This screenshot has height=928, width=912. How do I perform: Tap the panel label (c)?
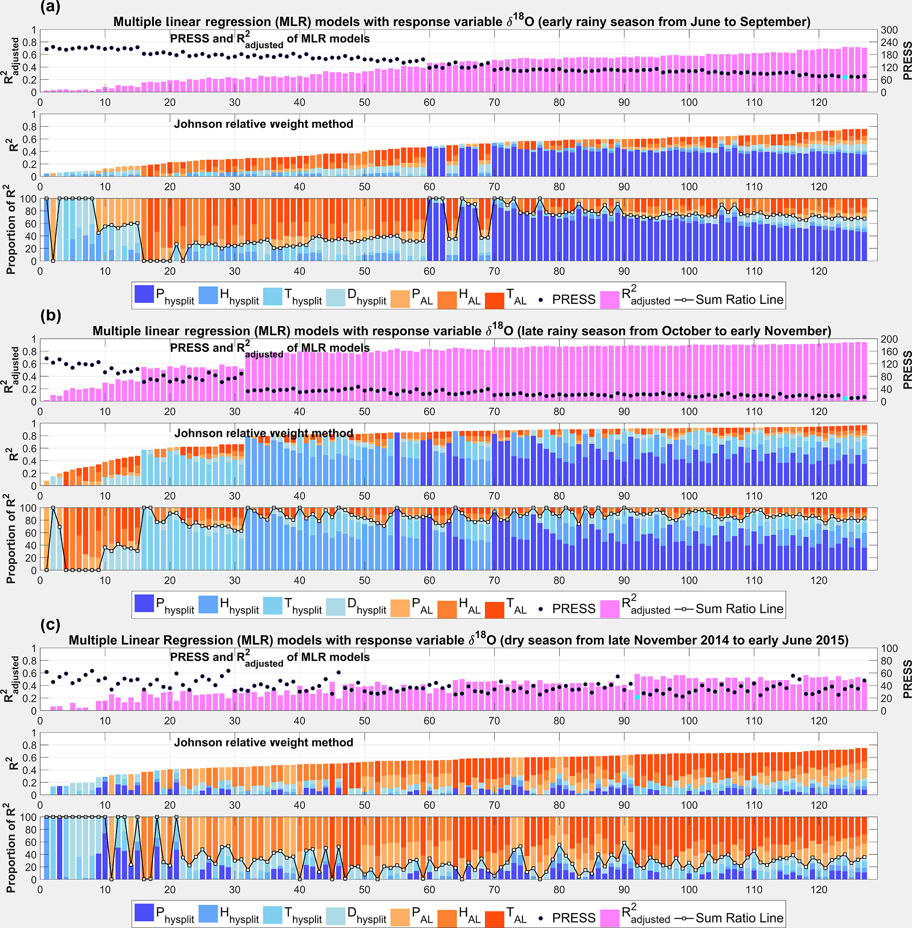(50, 625)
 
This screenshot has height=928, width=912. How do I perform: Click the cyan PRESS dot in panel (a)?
(845, 77)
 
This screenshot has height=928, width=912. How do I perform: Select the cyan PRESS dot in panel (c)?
(637, 697)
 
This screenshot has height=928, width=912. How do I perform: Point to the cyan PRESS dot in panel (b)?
(845, 398)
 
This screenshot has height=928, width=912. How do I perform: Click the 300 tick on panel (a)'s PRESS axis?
(889, 30)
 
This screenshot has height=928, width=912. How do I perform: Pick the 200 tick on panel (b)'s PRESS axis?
(889, 340)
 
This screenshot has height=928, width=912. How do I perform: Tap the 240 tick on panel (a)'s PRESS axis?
(889, 43)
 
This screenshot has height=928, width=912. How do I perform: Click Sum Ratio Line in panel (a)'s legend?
(739, 300)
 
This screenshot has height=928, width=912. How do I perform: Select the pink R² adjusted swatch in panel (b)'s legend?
(610, 609)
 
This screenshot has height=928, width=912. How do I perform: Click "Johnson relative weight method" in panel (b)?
(263, 434)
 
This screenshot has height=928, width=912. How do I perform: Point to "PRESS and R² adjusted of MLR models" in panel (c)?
(270, 658)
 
